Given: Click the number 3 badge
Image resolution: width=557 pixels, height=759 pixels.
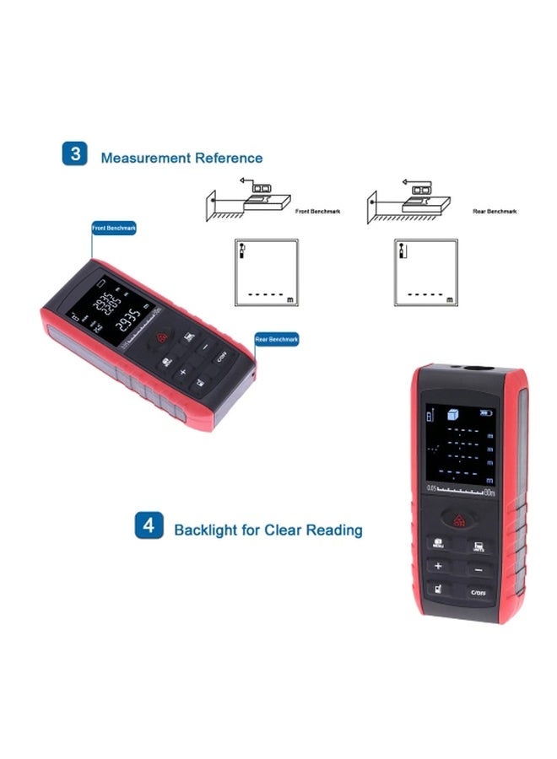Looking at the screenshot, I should click(75, 154).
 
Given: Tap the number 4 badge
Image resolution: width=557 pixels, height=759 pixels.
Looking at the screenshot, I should click(149, 526).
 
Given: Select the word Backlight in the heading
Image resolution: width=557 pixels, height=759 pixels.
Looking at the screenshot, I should click(205, 530).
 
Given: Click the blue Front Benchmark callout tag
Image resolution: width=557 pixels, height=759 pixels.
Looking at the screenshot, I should click(114, 228).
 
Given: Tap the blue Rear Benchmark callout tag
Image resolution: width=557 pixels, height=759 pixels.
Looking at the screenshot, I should click(276, 340).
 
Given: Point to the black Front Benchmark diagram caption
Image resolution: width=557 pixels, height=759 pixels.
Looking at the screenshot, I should click(318, 212).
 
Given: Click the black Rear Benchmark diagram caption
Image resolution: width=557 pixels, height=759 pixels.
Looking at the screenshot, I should click(495, 212).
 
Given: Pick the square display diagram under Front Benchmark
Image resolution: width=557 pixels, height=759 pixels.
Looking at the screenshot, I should click(265, 272).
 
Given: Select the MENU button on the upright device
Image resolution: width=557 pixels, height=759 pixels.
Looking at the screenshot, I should click(440, 544).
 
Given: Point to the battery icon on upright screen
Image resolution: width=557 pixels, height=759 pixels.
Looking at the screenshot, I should click(484, 412).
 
